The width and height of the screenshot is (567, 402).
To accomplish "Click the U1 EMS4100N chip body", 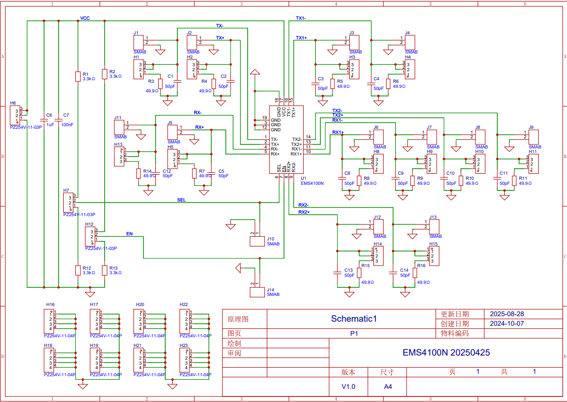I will click(286, 139).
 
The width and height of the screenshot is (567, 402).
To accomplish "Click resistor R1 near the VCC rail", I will click(78, 76).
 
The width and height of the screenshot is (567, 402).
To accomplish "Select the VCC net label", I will click(85, 18).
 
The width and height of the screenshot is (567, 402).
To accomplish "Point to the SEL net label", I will click(181, 200).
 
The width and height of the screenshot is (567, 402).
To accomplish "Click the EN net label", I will click(129, 234).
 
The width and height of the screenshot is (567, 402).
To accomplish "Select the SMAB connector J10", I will click(257, 241).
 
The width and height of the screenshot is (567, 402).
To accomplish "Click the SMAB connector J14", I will click(257, 291).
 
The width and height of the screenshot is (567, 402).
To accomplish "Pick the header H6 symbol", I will click(15, 116).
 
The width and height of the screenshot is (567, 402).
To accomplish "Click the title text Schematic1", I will click(354, 319).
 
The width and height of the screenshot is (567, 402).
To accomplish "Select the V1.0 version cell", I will click(348, 387).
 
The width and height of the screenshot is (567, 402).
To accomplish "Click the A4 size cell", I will click(388, 387).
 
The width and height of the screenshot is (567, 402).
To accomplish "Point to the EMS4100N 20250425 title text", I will click(446, 353).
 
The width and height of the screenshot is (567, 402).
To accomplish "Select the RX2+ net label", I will click(304, 213).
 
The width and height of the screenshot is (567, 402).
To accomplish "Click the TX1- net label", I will click(301, 18).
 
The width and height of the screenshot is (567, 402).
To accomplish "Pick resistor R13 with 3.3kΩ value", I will click(105, 270).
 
